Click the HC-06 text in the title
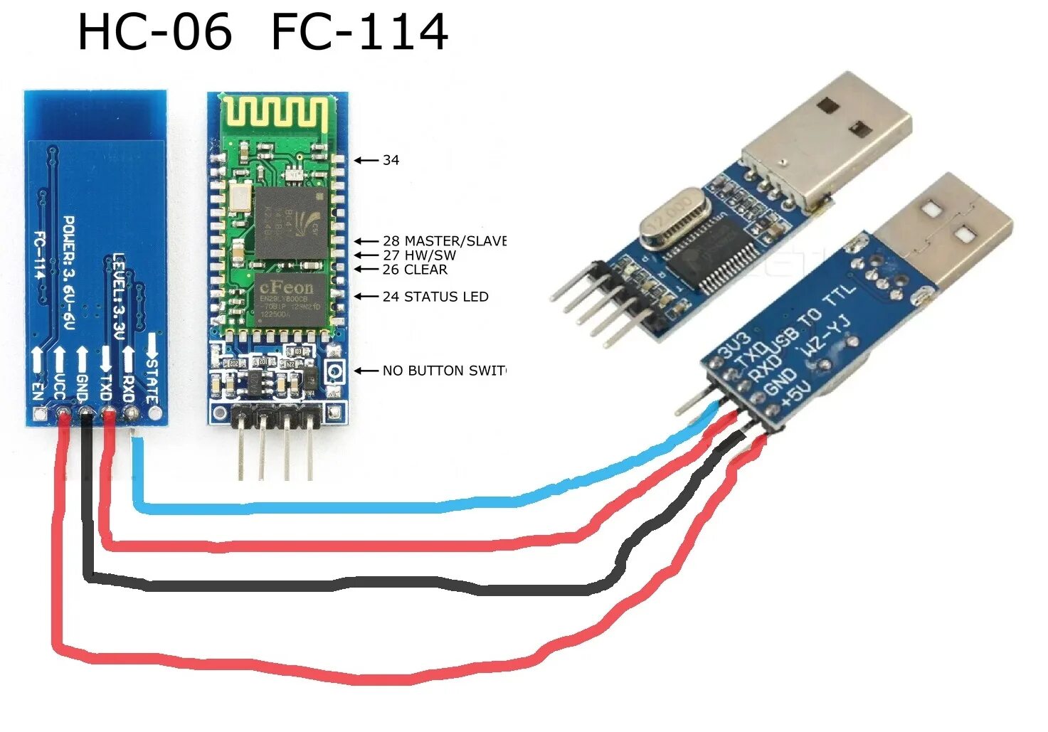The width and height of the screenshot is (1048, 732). (154, 33)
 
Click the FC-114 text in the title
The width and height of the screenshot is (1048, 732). (359, 33)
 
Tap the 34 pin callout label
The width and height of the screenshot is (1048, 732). (391, 161)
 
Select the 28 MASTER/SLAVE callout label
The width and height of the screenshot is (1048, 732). (443, 241)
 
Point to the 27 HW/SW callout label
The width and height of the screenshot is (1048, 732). (419, 255)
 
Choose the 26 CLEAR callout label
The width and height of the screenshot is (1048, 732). (415, 270)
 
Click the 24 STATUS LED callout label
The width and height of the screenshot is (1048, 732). (435, 297)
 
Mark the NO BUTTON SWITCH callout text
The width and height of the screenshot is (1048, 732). (443, 371)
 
